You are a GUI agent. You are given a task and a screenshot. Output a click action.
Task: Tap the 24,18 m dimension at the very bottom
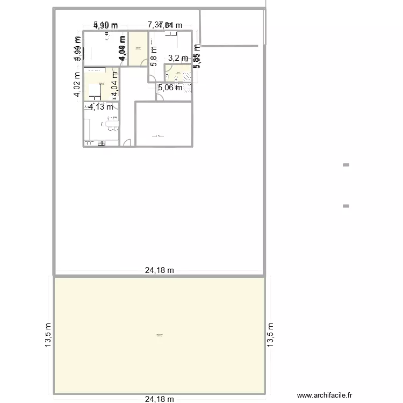click(x=160, y=399)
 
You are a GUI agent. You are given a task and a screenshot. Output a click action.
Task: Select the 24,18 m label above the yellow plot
click(x=160, y=271)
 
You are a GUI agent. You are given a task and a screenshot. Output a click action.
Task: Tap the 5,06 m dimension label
click(x=170, y=88)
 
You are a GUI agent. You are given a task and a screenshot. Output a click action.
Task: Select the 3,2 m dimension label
click(x=178, y=58)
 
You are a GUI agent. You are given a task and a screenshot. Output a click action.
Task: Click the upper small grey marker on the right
click(x=346, y=165)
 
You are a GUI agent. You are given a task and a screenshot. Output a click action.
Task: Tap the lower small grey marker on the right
click(x=346, y=205)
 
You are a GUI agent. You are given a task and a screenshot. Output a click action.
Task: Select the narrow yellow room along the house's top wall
click(x=138, y=48)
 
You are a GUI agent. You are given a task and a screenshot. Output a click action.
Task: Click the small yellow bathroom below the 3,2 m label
click(x=178, y=73)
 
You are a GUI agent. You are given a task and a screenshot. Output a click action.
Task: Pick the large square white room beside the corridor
click(x=163, y=124)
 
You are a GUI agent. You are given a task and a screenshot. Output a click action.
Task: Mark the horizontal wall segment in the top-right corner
click(x=231, y=45)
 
